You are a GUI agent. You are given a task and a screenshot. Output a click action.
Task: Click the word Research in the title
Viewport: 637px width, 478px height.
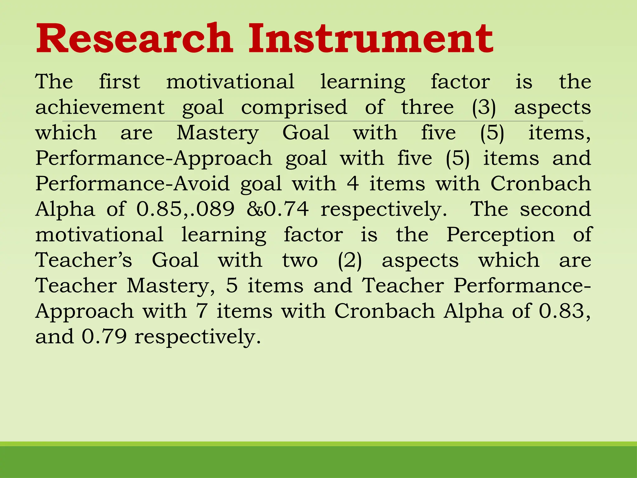coord(134,39)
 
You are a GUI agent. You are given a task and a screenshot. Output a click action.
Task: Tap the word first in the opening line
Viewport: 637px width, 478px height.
coord(119,82)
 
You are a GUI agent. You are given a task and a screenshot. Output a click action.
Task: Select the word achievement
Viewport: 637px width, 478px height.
coord(100,107)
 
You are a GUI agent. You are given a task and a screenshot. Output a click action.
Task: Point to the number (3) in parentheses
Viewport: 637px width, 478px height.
coord(484,108)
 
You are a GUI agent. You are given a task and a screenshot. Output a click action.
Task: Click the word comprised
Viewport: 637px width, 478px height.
coord(294,108)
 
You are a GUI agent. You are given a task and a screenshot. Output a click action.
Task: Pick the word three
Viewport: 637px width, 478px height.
coord(427,107)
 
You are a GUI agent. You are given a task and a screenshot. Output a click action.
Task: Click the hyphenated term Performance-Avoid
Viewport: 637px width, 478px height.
coord(133,183)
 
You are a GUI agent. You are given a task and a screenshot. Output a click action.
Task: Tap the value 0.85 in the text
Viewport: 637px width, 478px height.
coord(159,209)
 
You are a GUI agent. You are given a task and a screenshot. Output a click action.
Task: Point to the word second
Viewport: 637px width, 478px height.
coord(555,209)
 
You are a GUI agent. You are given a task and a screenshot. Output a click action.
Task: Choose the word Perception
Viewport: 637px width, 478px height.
coord(500,234)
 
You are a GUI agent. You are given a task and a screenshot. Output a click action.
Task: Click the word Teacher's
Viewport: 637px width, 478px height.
coord(84,260)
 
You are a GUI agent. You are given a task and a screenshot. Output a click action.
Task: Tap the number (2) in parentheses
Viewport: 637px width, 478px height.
coord(350,260)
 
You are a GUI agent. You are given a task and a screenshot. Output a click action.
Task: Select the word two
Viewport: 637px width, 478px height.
coord(300,260)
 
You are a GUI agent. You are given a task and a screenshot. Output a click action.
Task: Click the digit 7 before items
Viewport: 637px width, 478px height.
coord(202,311)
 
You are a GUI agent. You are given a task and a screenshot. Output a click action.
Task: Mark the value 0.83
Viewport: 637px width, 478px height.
coord(562,311)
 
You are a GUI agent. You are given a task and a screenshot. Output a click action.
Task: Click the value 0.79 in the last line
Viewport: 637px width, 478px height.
coord(104,336)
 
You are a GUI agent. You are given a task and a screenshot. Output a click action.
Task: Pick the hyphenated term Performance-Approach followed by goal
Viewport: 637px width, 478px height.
coord(154,158)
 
